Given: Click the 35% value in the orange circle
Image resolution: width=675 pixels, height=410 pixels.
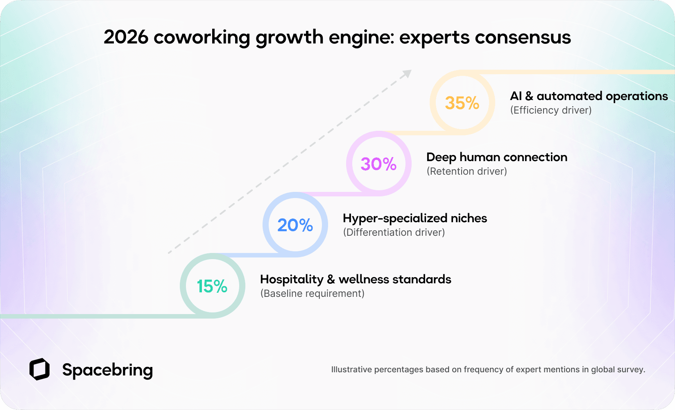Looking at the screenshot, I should point(462,103).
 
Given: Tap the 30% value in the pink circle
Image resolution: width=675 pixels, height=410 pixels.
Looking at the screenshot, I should point(378,164).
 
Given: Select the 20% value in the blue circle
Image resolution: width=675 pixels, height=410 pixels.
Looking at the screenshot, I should point(295,225).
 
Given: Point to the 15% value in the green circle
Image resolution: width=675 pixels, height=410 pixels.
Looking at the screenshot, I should point(212,286).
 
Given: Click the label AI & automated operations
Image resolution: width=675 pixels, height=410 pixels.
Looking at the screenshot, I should point(589,96).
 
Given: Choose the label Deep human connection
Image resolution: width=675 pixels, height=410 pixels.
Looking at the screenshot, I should point(496,157).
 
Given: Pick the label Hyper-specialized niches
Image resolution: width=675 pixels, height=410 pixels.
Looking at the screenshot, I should point(415,218).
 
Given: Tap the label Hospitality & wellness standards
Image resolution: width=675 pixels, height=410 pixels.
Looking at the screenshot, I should point(355,279).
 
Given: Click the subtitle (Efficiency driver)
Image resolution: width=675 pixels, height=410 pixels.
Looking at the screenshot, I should point(550,110).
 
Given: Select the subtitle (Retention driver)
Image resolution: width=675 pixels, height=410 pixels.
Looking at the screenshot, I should point(467,171).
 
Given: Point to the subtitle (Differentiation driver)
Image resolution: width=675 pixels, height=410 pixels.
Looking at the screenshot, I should point(394,232).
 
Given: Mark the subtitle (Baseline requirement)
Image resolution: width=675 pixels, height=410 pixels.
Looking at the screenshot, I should point(312,294).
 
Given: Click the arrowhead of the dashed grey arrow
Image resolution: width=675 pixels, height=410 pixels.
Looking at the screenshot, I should point(407,73).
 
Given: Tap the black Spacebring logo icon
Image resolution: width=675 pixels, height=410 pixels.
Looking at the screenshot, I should point(39,369).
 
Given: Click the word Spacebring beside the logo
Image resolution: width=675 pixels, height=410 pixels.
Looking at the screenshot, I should point(107,370).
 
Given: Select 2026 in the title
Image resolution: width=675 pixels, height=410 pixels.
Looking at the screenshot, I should point(126,37).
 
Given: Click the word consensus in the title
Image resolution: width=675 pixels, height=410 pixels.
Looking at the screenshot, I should point(523,38).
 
